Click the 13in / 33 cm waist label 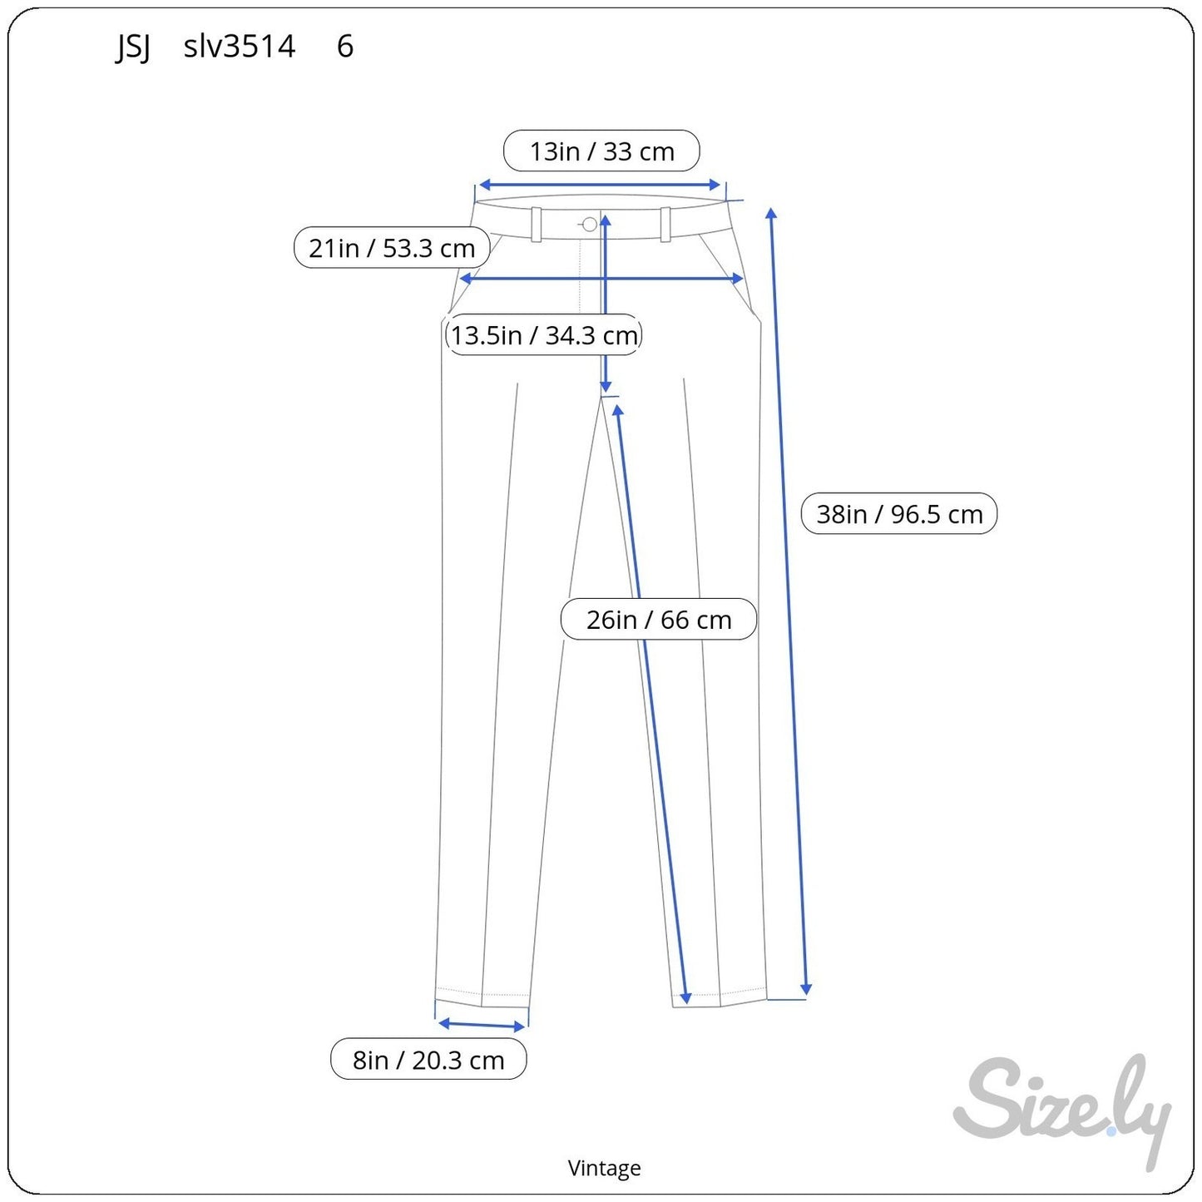(x=601, y=151)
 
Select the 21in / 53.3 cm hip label (x=392, y=248)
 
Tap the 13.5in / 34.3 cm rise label (x=544, y=335)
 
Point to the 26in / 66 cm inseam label (x=659, y=620)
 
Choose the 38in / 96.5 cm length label (x=899, y=513)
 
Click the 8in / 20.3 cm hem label (x=428, y=1059)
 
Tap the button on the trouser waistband (x=590, y=224)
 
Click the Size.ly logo (x=1061, y=1110)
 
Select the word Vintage (x=604, y=1168)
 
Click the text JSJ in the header (x=133, y=47)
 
